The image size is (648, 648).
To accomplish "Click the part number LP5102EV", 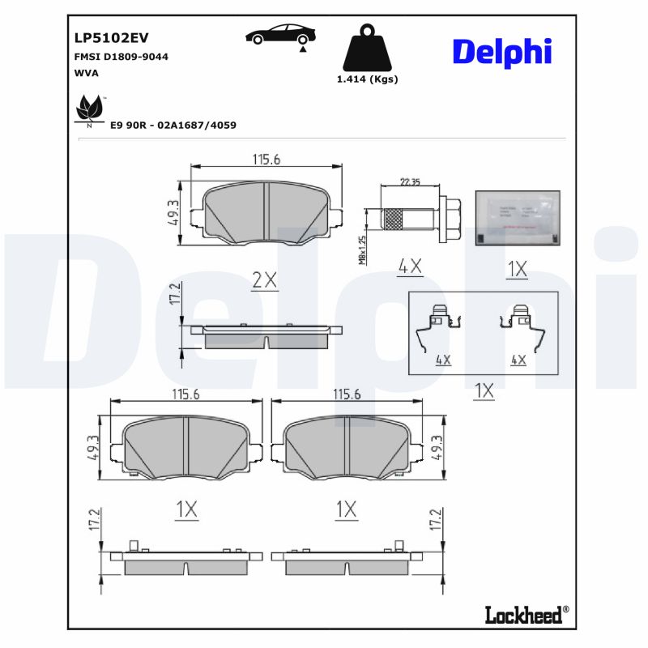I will point(111,37).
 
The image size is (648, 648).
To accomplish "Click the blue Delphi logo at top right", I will point(501,51).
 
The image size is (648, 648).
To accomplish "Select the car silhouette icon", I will point(280,36).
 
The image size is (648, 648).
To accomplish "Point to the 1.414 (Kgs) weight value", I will point(367,79).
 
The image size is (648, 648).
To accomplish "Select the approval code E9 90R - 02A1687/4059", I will point(173,126).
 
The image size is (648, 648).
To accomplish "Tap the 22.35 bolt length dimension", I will point(410,182).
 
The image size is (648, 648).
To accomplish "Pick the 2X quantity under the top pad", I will point(264,280).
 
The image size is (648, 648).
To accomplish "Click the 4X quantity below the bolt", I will point(410,266).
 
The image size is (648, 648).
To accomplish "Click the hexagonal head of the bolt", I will point(452,219).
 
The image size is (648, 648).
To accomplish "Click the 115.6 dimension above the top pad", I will point(266,160).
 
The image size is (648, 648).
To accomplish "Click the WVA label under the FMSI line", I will point(86,73).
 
